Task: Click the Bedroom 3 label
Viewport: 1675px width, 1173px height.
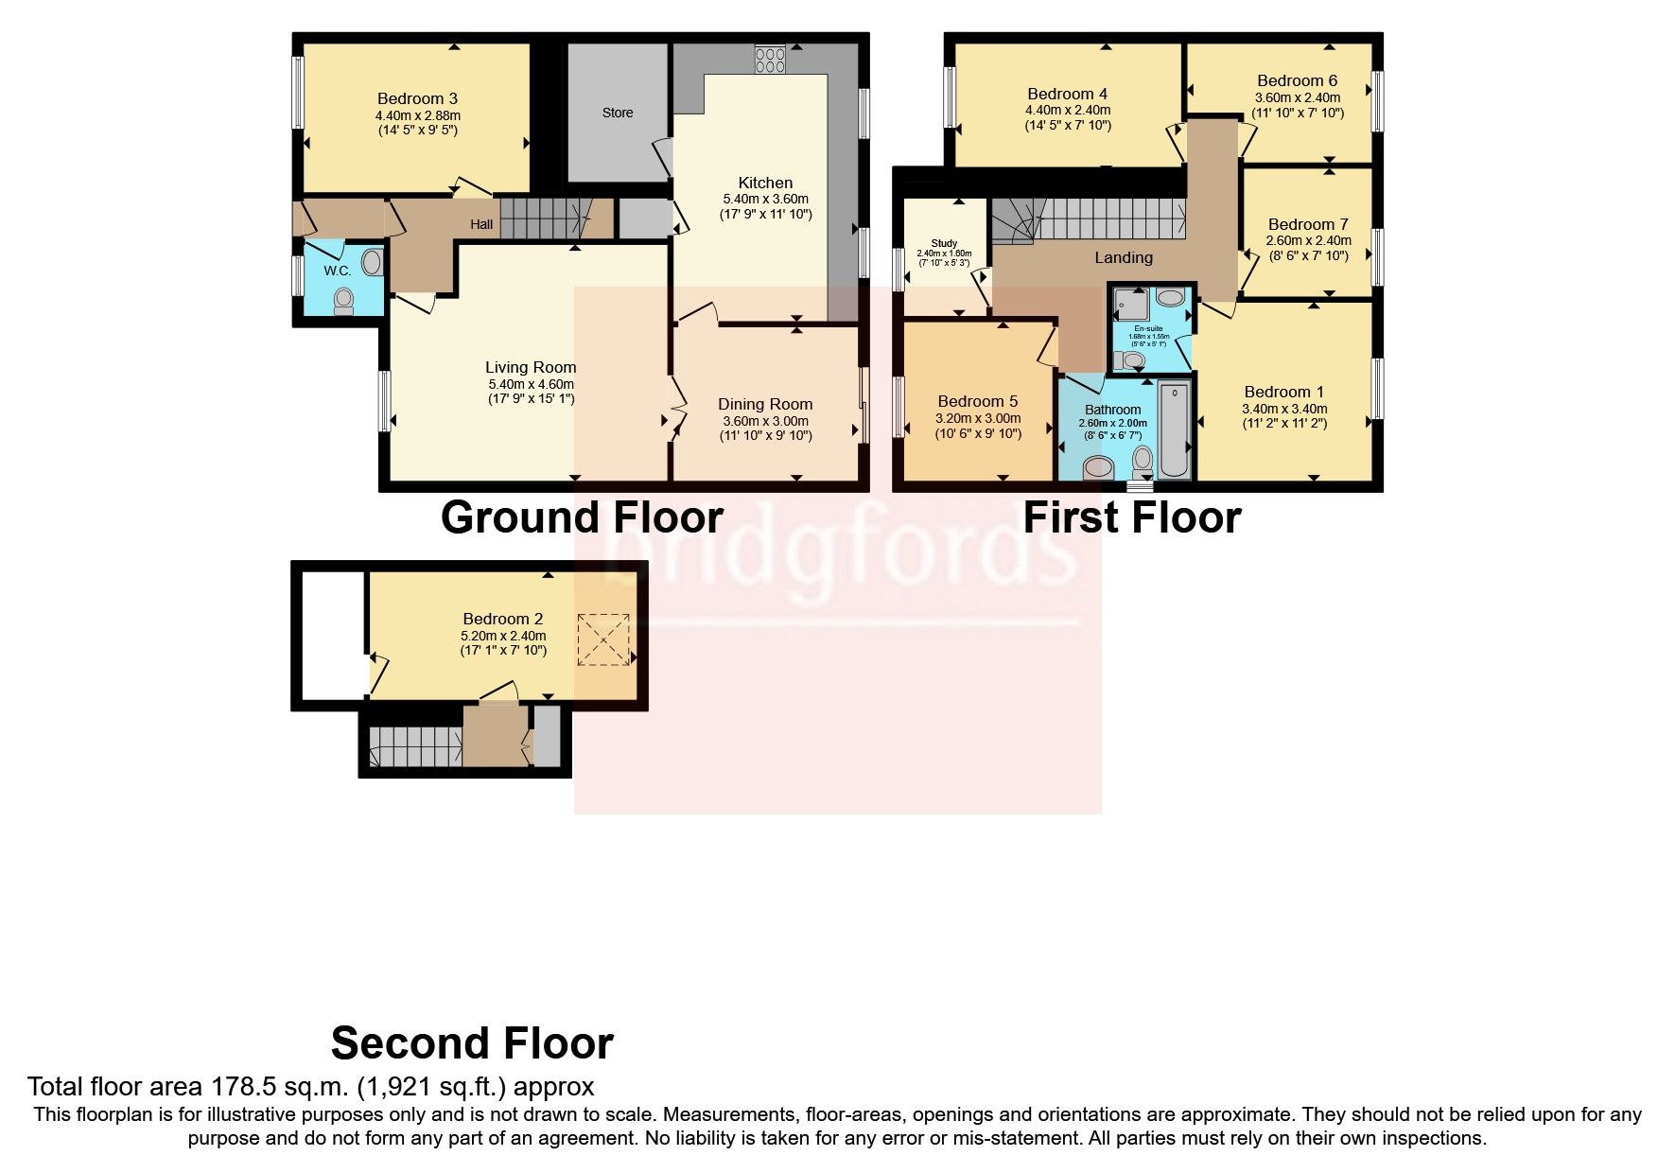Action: (x=417, y=98)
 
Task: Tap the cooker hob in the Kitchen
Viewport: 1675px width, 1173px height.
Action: (x=770, y=61)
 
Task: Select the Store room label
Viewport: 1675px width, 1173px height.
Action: (x=618, y=113)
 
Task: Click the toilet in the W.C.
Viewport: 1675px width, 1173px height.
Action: (x=343, y=300)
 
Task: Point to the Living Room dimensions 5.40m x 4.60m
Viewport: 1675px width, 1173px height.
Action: (x=531, y=384)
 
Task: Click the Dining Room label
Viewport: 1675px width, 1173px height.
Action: (x=765, y=404)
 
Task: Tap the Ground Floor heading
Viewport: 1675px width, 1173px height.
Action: (x=582, y=517)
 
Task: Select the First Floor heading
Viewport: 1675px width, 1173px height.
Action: (x=1131, y=517)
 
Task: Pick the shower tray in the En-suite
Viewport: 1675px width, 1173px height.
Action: (x=1129, y=306)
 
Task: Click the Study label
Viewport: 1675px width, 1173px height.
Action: (x=944, y=243)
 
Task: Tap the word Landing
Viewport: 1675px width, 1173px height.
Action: (x=1124, y=257)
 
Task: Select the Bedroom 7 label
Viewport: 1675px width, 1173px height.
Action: (x=1308, y=224)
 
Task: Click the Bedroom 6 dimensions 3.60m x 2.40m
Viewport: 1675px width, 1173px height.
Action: (x=1297, y=97)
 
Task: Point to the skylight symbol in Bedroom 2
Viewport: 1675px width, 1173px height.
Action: (x=603, y=639)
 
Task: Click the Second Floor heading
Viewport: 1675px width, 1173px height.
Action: (x=472, y=1043)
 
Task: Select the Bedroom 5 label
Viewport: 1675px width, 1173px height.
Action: (x=978, y=401)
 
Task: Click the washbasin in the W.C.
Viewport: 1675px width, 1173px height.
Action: (x=374, y=262)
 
